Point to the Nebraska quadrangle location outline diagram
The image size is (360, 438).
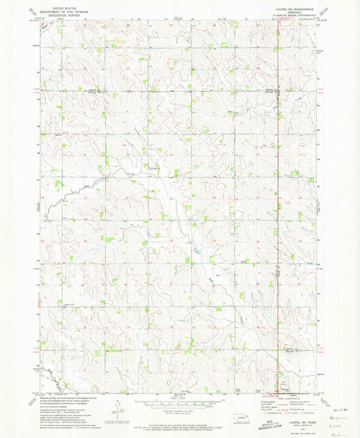pos(242,418)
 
